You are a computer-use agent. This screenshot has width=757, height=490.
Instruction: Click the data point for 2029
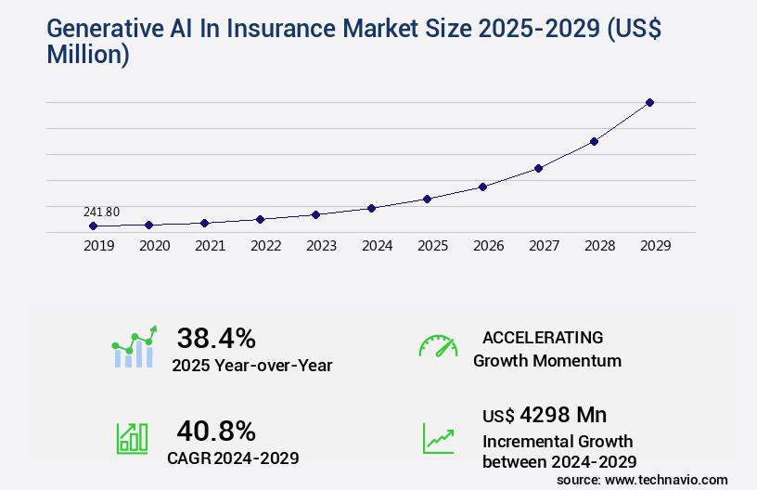(649, 102)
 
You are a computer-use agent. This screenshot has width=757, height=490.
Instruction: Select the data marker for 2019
(93, 226)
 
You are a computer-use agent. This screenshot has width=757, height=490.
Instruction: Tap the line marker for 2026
(482, 187)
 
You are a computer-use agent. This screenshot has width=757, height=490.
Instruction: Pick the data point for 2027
(538, 168)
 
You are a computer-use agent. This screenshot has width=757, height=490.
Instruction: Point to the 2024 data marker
(371, 208)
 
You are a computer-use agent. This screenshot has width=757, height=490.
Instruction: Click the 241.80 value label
(101, 212)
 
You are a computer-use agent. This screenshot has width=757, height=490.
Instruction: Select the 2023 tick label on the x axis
(321, 246)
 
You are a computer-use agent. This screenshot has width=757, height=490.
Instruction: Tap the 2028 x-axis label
(599, 246)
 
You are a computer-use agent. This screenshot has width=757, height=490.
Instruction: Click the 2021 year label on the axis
(210, 246)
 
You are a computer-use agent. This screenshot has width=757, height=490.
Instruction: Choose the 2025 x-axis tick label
(432, 246)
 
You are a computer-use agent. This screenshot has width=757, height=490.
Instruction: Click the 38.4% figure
(216, 338)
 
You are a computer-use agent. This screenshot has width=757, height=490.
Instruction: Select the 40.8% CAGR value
(216, 431)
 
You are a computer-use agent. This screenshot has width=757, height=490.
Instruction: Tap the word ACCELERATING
(543, 337)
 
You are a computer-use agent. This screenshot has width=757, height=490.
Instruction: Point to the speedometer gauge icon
(438, 346)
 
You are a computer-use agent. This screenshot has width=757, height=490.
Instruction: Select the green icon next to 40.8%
(132, 438)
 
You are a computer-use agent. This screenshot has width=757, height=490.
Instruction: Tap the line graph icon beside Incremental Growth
(438, 438)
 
